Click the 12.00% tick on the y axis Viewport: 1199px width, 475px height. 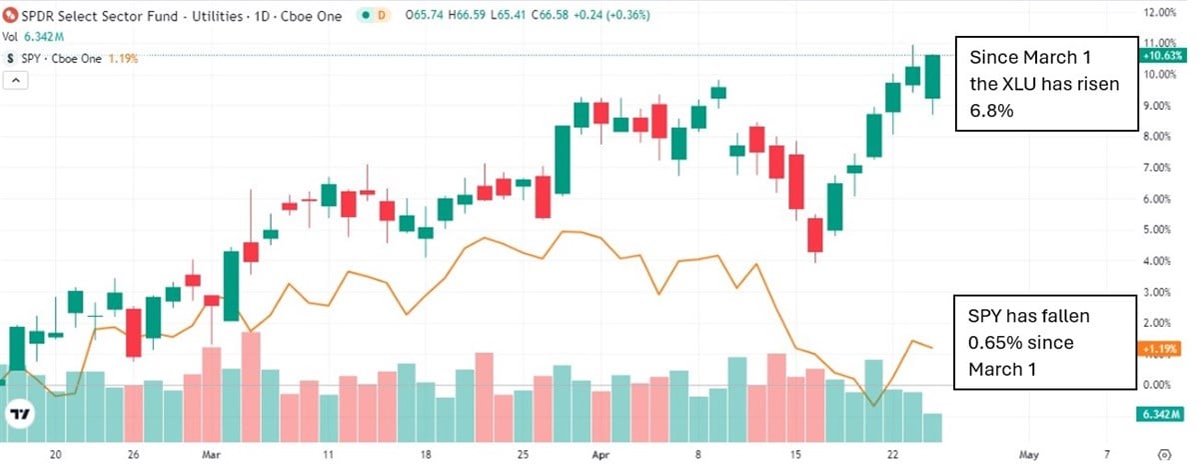[1162, 12]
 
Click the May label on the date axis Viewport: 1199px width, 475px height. [1029, 452]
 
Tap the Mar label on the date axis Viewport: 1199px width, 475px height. [211, 452]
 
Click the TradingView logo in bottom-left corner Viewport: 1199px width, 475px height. [20, 414]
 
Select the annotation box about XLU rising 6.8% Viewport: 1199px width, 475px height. [1046, 84]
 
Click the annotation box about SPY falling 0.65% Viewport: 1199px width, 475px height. [1046, 343]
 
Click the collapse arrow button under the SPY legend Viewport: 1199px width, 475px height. [15, 81]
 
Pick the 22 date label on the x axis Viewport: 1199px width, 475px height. [893, 452]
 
